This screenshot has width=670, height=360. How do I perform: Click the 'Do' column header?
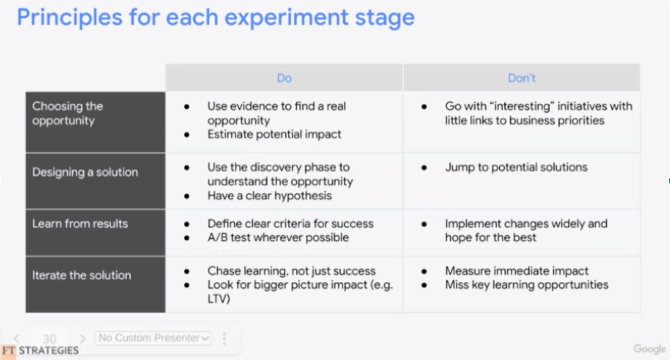click(284, 78)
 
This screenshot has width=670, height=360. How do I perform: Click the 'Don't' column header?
click(522, 78)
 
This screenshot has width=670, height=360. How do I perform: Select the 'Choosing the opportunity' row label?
click(67, 114)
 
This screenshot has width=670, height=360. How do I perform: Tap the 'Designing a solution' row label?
click(85, 172)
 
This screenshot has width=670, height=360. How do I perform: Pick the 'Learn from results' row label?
click(80, 224)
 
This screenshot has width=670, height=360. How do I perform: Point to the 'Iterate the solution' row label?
click(81, 275)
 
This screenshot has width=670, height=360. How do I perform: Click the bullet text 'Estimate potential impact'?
click(274, 134)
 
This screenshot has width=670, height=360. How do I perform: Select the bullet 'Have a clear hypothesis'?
click(269, 196)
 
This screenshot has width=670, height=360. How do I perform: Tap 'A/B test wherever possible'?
click(278, 237)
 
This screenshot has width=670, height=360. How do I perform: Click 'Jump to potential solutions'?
click(516, 167)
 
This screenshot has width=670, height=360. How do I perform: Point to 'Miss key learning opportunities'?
click(527, 285)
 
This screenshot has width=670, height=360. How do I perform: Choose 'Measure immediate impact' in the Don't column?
click(517, 270)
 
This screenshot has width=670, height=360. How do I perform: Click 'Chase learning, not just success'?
click(291, 270)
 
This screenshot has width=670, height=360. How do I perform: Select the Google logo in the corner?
click(649, 349)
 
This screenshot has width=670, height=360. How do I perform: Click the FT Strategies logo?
click(40, 351)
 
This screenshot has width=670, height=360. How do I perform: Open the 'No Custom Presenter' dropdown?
click(153, 338)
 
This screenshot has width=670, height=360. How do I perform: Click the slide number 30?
click(49, 338)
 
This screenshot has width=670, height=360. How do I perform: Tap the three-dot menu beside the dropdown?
click(225, 338)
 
